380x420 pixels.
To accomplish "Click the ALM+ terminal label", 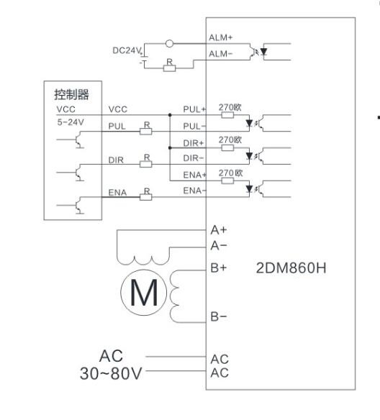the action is click(220, 37).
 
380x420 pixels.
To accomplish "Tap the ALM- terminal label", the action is click(220, 54).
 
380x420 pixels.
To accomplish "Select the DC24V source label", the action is click(127, 50).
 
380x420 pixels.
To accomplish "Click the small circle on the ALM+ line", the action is click(169, 43).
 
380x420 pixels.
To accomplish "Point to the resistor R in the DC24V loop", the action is click(169, 68).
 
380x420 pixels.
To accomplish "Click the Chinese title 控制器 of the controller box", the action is click(71, 94).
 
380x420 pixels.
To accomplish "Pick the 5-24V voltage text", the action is click(71, 122).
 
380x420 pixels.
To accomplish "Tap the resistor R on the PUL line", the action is click(146, 131).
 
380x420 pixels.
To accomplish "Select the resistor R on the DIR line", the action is click(146, 164).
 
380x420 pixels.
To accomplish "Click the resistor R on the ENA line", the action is click(146, 197).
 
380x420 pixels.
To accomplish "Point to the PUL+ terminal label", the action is click(194, 109).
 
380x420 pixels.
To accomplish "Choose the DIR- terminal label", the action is click(194, 158).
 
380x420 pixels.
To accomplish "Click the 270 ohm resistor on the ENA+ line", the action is click(227, 181).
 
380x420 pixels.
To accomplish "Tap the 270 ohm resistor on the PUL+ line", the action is click(227, 115).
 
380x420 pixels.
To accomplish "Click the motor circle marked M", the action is click(144, 293).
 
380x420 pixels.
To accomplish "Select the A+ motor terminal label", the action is click(219, 230).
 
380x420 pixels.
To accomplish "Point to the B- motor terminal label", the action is click(219, 316).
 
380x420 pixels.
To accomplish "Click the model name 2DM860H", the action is click(291, 268).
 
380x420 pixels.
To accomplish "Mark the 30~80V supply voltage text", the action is click(111, 374).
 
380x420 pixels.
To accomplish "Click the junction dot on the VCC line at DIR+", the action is click(170, 147).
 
